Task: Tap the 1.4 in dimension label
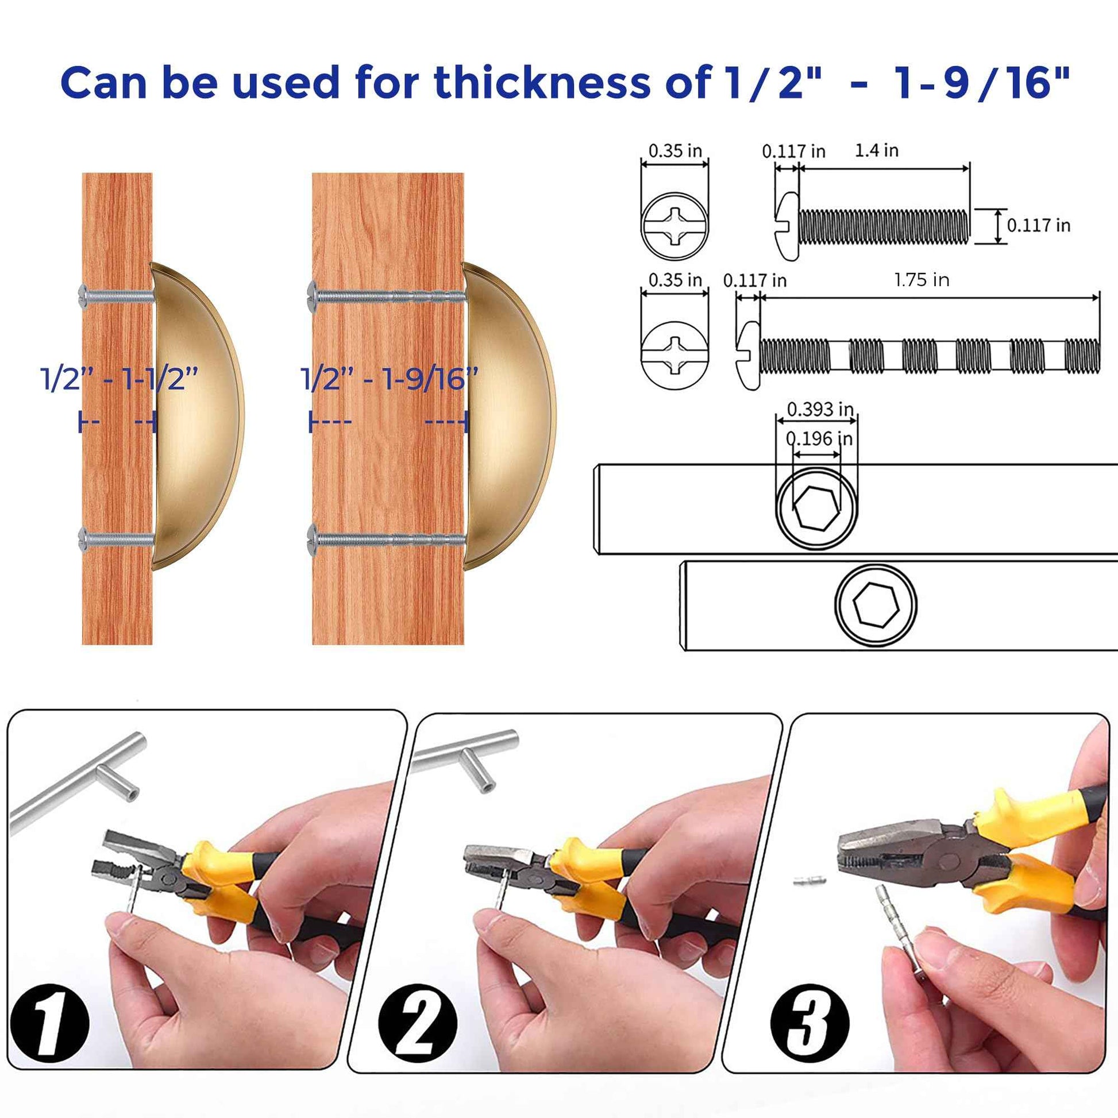point(876,151)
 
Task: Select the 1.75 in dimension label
point(922,280)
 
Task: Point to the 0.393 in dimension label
point(820,410)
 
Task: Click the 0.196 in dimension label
point(819,438)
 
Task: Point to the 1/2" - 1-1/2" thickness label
point(118,379)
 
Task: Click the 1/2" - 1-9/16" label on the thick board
point(389,379)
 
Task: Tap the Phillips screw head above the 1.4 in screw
point(674,226)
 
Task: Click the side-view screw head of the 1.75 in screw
point(749,356)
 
